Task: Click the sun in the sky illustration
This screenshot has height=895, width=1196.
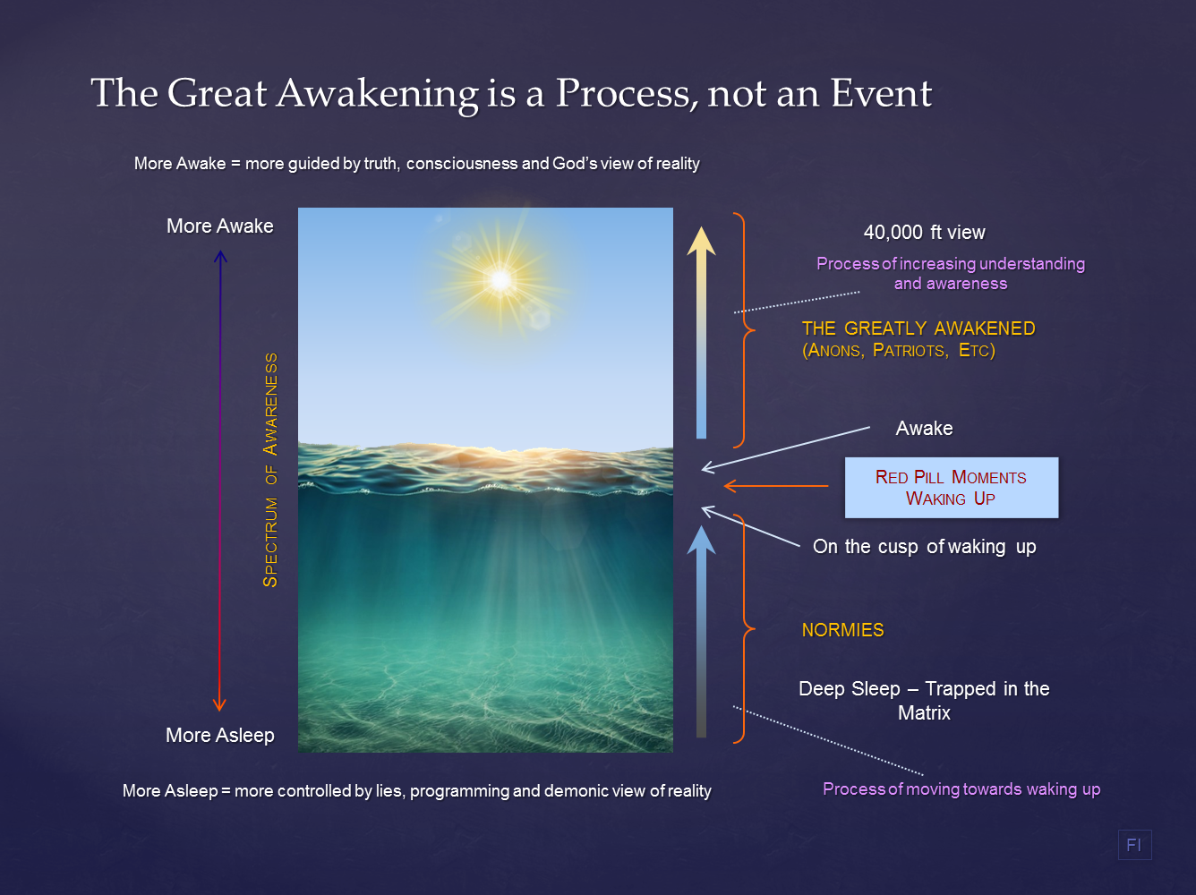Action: pyautogui.click(x=500, y=280)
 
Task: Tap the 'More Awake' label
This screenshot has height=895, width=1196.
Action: pyautogui.click(x=220, y=226)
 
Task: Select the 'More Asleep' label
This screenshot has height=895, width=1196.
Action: pyautogui.click(x=220, y=736)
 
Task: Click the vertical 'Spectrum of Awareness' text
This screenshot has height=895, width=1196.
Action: pyautogui.click(x=270, y=470)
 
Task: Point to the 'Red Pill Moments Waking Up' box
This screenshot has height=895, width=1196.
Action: pyautogui.click(x=951, y=488)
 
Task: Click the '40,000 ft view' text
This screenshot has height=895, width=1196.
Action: pyautogui.click(x=924, y=233)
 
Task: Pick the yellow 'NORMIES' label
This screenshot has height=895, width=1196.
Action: pyautogui.click(x=842, y=630)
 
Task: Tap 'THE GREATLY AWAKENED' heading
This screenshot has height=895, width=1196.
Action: pyautogui.click(x=918, y=328)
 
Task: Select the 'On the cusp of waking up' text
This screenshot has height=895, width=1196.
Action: pyautogui.click(x=924, y=547)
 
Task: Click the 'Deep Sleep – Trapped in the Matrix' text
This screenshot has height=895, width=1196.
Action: pyautogui.click(x=924, y=701)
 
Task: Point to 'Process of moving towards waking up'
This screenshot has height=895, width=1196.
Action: pyautogui.click(x=961, y=789)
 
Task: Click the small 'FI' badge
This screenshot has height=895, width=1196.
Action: pyautogui.click(x=1134, y=845)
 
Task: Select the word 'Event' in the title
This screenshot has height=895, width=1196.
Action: pyautogui.click(x=881, y=93)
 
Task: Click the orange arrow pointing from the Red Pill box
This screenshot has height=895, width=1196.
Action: pyautogui.click(x=775, y=486)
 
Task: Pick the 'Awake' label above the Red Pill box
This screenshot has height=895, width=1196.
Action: pyautogui.click(x=924, y=429)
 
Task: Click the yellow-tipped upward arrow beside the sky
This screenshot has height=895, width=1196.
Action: pyautogui.click(x=701, y=331)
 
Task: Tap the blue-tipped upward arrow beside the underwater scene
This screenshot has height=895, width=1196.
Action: pyautogui.click(x=701, y=631)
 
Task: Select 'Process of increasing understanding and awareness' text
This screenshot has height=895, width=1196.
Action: pyautogui.click(x=951, y=274)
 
